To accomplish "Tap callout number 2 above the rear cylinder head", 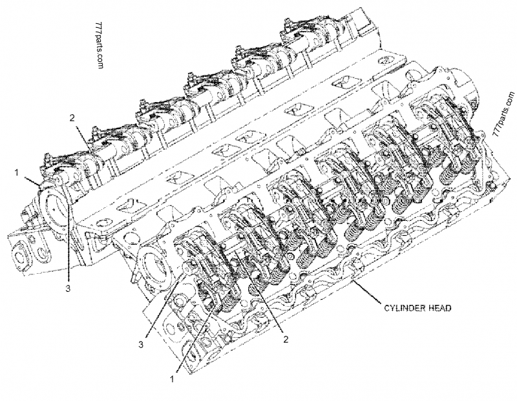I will pyautogui.click(x=73, y=118).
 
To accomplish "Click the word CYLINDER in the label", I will pyautogui.click(x=398, y=308).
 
